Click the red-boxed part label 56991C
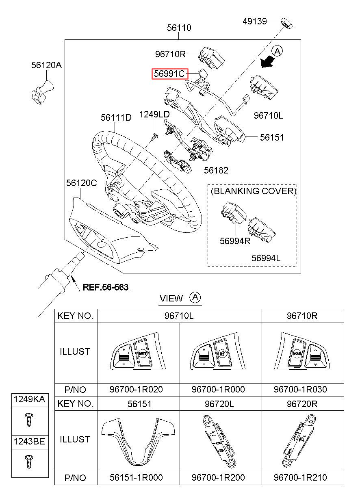170,74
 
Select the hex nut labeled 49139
286,24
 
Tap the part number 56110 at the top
179,28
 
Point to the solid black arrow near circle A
267,61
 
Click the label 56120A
47,65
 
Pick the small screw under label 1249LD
154,137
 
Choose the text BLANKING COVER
254,191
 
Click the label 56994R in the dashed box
235,241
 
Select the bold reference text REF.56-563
105,287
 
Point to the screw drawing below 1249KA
29,420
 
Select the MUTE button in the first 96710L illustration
143,353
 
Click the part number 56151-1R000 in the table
136,477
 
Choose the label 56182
216,170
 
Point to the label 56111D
116,117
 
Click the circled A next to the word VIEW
195,298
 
